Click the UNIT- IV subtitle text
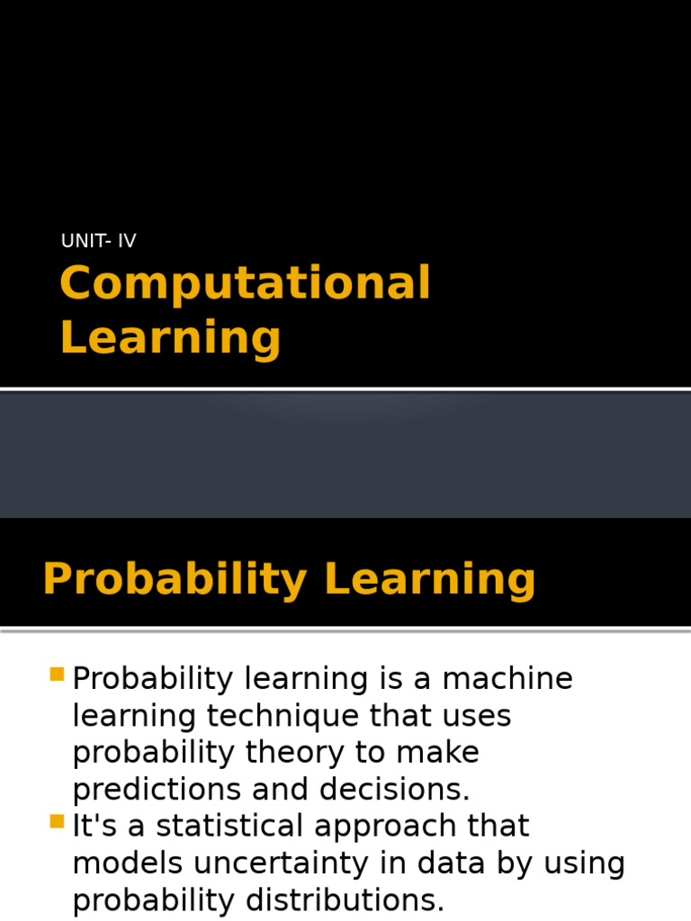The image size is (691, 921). pyautogui.click(x=98, y=240)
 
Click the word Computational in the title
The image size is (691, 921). pyautogui.click(x=245, y=283)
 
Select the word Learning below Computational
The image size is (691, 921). pyautogui.click(x=170, y=337)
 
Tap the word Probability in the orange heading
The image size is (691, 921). pyautogui.click(x=175, y=579)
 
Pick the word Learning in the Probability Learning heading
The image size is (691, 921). pyautogui.click(x=430, y=579)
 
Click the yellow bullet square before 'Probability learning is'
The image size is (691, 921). pyautogui.click(x=58, y=674)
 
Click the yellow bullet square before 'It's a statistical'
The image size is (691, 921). pyautogui.click(x=58, y=820)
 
